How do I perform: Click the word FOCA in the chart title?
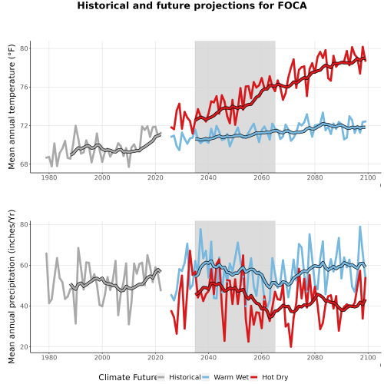(292, 5)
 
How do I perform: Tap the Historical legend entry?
(179, 377)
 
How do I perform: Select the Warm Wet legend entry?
(225, 377)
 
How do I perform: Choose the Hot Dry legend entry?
(269, 377)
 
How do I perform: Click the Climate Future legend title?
(127, 377)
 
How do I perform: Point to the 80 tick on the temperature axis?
(24, 48)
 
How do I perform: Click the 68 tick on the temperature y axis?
(24, 164)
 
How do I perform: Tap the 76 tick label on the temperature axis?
(24, 87)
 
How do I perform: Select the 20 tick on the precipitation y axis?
(24, 347)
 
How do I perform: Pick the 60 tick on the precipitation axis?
(24, 265)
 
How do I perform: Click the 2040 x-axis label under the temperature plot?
(208, 177)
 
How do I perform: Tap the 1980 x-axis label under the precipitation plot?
(49, 357)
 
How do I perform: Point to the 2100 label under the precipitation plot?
(368, 357)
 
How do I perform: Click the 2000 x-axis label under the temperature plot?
(102, 177)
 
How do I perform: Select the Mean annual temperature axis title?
(12, 107)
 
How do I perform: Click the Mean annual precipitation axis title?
(12, 286)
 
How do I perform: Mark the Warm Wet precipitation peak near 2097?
(360, 227)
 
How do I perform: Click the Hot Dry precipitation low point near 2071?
(291, 347)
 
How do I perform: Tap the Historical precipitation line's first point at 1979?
(46, 253)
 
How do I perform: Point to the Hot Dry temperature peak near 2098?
(362, 47)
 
